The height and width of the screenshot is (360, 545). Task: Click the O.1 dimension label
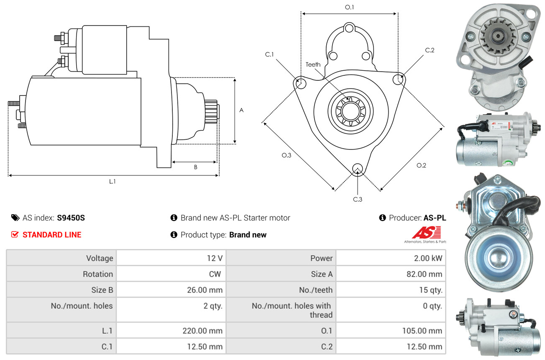(x=349, y=7)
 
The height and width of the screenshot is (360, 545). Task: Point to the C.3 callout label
(x=358, y=199)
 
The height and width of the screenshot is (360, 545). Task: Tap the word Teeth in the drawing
(x=313, y=64)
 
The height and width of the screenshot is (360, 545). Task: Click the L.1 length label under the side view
(x=112, y=181)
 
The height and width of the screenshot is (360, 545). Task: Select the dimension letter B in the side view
(x=196, y=167)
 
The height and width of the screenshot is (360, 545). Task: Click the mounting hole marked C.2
(x=398, y=79)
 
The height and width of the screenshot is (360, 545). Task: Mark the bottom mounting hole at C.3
(x=358, y=169)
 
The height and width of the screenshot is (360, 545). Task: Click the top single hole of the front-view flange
(x=349, y=28)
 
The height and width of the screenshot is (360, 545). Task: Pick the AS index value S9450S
(x=71, y=218)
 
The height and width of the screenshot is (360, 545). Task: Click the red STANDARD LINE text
(x=52, y=235)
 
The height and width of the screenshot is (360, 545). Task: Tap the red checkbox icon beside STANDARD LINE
(x=15, y=234)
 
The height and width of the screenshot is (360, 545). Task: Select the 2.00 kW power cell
(x=391, y=258)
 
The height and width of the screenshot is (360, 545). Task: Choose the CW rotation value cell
(x=171, y=274)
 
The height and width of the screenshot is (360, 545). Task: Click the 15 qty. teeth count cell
(x=391, y=290)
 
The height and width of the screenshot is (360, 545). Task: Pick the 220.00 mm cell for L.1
(x=171, y=331)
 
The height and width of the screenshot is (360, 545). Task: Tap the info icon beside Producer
(x=382, y=218)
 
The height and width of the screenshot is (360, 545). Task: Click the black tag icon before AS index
(x=15, y=218)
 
